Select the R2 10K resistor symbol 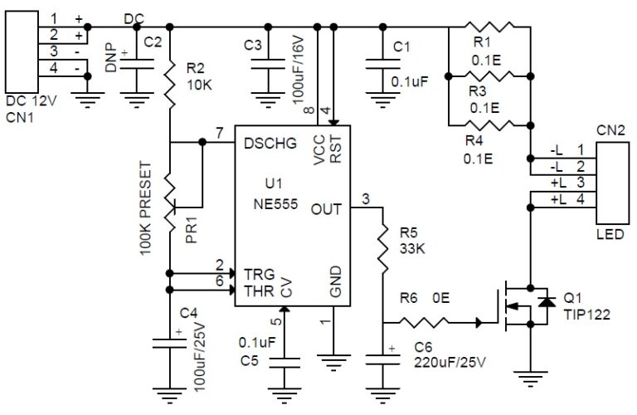click(169, 84)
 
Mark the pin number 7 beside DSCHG click(219, 134)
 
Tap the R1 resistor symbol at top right click(489, 27)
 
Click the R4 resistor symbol click(489, 125)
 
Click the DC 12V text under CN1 click(32, 101)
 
